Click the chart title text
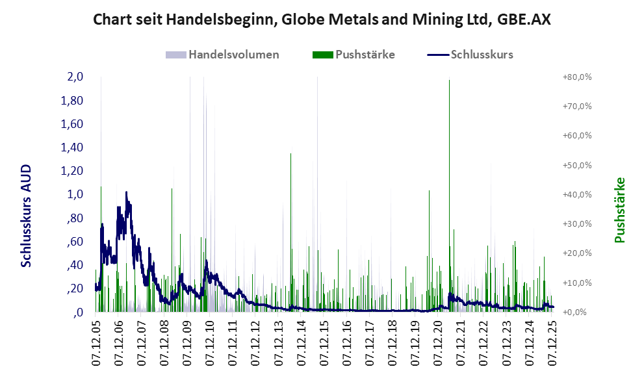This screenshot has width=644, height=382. [x=322, y=19]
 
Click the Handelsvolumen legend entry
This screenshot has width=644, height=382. [x=233, y=55]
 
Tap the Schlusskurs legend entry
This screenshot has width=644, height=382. [x=482, y=55]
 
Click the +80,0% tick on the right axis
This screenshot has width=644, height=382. [x=576, y=77]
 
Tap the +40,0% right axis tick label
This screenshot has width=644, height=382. [x=576, y=194]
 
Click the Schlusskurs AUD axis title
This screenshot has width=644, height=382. [x=27, y=216]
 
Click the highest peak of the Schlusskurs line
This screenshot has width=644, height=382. [x=126, y=193]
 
